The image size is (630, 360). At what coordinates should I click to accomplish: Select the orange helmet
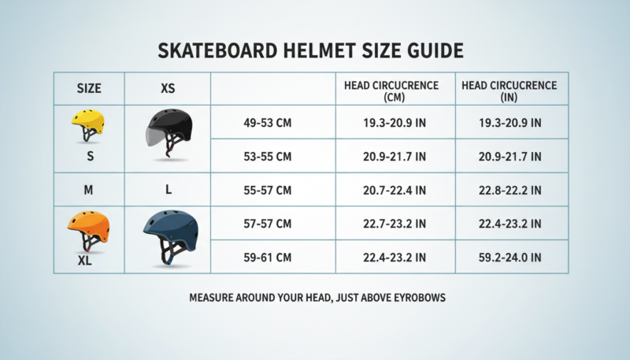coord(88,228)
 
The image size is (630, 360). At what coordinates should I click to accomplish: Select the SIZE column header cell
coord(89,88)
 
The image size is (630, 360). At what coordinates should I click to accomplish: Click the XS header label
coord(168,88)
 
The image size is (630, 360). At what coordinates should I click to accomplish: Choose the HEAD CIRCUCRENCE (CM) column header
coord(395,91)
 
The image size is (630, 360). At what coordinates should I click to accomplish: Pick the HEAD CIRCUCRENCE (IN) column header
coord(510,91)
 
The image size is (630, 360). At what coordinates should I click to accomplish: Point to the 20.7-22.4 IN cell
coord(395,190)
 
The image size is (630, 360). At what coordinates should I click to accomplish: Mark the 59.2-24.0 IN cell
coord(510,257)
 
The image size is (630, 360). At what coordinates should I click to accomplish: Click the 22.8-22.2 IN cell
coord(510,190)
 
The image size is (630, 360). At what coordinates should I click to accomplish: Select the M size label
coord(89,190)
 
